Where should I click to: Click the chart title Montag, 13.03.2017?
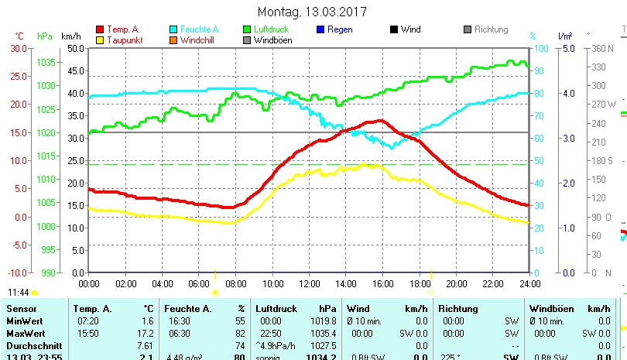312,12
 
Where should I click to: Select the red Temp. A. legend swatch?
100,29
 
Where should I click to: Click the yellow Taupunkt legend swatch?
100,40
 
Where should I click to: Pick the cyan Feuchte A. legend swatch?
173,29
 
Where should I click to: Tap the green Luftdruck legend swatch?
247,29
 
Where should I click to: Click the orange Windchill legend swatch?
173,40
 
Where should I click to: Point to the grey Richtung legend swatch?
468,29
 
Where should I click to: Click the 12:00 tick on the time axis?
309,283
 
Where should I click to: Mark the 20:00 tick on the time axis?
456,283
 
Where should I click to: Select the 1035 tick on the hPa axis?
46,62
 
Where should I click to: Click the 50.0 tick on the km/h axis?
74,48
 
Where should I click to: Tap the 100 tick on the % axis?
541,48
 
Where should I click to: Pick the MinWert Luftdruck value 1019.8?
326,321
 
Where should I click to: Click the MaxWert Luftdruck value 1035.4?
326,333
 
